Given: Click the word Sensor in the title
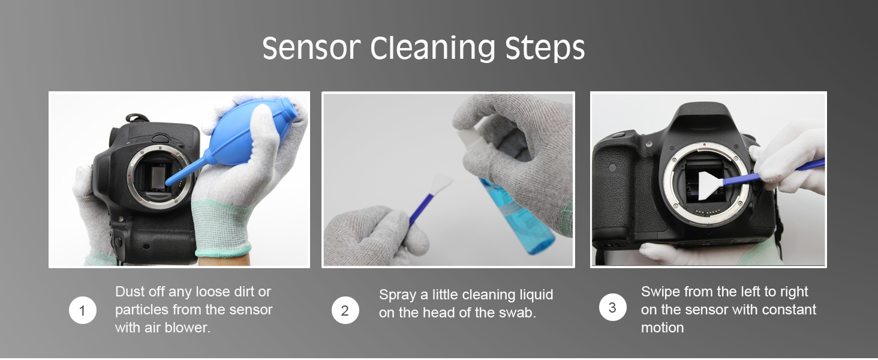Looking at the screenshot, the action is pyautogui.click(x=311, y=48).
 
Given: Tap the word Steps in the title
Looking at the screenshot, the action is pyautogui.click(x=545, y=49).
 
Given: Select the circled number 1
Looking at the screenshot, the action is pyautogui.click(x=82, y=310).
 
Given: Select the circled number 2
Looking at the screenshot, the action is pyautogui.click(x=345, y=310).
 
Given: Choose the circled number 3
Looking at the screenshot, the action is pyautogui.click(x=613, y=307).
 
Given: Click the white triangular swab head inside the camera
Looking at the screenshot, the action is pyautogui.click(x=711, y=185).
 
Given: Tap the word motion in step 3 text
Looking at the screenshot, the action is pyautogui.click(x=663, y=328).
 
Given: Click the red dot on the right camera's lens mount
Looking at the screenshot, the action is pyautogui.click(x=704, y=145).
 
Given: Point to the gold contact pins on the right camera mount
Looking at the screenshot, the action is pyautogui.click(x=708, y=212).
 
